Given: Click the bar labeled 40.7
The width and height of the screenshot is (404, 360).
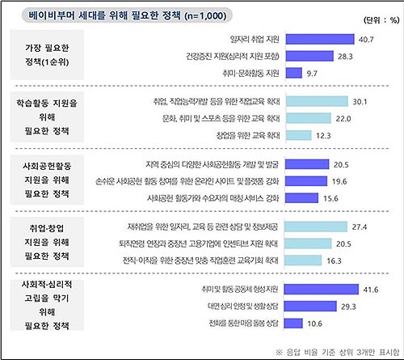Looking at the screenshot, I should coord(321,38).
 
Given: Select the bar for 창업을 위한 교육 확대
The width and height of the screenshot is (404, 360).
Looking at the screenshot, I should coord(298,135).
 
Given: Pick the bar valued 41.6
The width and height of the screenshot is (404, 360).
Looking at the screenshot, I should coord(322,290).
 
